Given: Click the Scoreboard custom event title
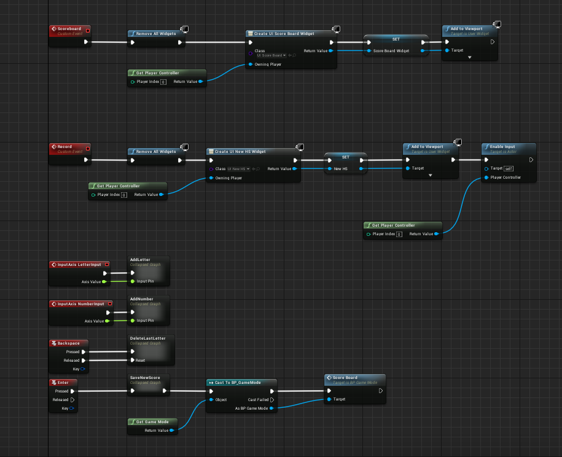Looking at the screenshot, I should coord(69,29).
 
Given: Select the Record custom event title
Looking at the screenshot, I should coord(65,147).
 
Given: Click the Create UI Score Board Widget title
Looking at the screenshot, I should coord(283,34).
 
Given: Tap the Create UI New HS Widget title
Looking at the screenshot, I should coord(240,151).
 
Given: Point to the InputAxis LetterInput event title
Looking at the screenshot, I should coord(79,265).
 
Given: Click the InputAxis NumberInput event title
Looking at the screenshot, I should coord(85,303).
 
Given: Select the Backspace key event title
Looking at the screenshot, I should coord(69,343).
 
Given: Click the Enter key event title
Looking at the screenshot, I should coord(63,382).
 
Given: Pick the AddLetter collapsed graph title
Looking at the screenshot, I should coord(140,260).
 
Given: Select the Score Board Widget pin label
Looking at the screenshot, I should coord(391,51).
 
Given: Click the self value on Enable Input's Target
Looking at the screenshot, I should coord(509,168).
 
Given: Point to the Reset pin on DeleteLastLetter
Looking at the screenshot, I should coord(140,361).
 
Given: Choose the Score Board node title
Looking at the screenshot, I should coord(345,378).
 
